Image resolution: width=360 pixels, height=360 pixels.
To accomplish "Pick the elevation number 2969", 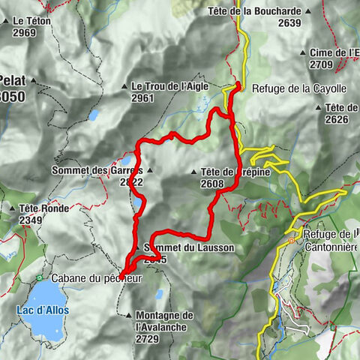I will pos(25,33).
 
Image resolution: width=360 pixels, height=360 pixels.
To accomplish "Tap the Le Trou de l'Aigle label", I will pos(169,86).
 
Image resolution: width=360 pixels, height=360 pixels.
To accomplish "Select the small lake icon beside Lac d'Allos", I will pos(37,279).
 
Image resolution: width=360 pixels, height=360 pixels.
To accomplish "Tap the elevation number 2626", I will pos(338,118).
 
